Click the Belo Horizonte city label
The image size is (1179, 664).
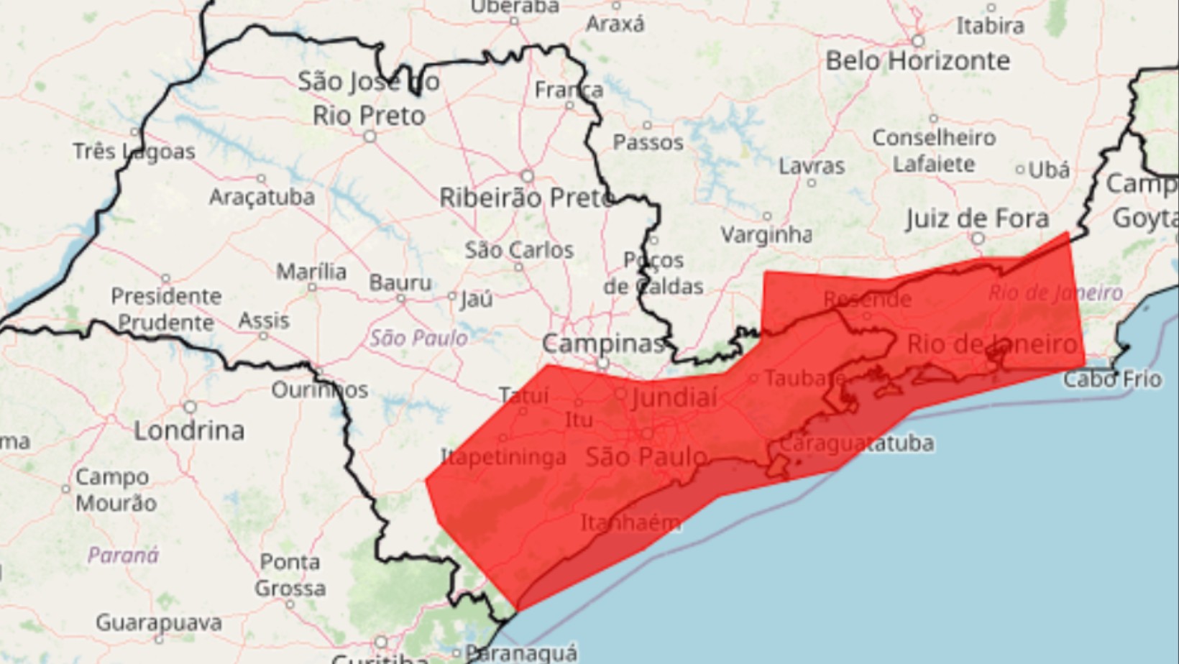point(917,61)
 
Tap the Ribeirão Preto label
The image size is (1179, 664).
point(526,198)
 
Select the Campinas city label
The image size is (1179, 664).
point(602,344)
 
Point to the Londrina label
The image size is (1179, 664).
point(189,430)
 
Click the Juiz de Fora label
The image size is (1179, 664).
point(977,218)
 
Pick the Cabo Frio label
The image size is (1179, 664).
point(1112,379)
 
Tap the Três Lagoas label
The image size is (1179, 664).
point(134,152)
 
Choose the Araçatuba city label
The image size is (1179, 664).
point(262,197)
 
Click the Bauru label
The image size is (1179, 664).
point(400,283)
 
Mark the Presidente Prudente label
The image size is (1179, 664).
point(165,309)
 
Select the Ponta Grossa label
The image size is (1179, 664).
point(290,575)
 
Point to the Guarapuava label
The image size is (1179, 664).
point(158,622)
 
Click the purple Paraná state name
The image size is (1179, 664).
point(123,555)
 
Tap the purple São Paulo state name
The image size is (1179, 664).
point(418,338)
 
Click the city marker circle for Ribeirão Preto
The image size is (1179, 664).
point(528,176)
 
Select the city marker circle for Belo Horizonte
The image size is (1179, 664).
point(917,41)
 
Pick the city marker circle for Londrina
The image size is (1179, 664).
point(190,407)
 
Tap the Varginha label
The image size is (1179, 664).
point(766,235)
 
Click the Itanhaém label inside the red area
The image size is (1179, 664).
point(630,522)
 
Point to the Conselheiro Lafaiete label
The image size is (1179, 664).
point(934,151)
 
